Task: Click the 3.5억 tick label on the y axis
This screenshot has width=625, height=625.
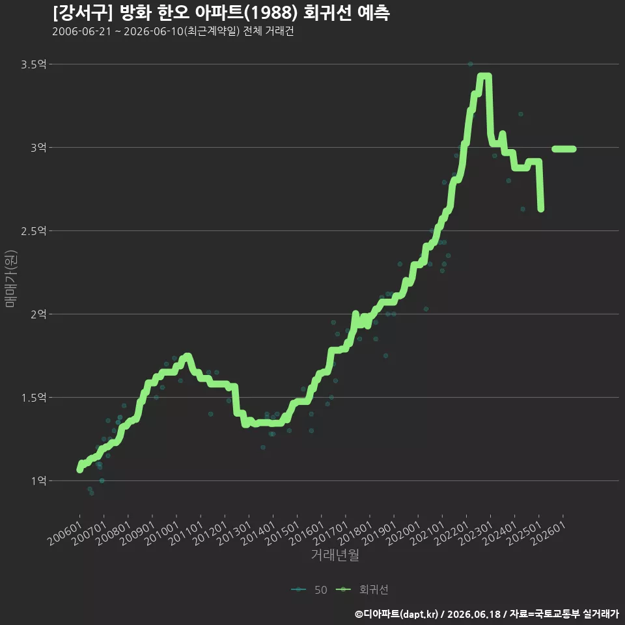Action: (33, 64)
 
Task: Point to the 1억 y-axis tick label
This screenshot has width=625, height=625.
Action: (38, 480)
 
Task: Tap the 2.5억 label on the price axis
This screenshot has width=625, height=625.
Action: (33, 230)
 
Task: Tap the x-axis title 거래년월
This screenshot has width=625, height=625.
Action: (335, 555)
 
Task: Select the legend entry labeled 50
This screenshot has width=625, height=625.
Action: (309, 590)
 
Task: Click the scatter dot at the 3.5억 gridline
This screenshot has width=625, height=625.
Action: (470, 64)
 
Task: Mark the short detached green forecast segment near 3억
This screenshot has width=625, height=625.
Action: (564, 149)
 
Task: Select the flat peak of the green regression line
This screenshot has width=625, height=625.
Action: (484, 76)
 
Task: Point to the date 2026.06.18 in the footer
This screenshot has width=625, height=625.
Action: (474, 614)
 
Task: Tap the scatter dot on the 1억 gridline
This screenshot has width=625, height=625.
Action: (102, 480)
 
